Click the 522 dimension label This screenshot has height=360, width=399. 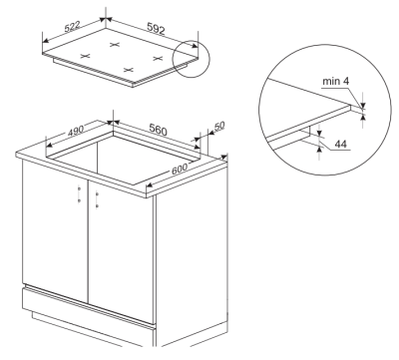tap(72, 27)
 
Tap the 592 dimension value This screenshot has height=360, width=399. tap(156, 29)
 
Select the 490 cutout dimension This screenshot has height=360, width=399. tap(76, 131)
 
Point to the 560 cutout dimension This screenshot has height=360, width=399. tap(158, 130)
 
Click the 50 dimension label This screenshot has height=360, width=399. tap(219, 127)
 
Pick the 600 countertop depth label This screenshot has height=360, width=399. tap(180, 170)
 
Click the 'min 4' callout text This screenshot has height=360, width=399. tap(336, 81)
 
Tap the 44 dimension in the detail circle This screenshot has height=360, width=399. tap(340, 144)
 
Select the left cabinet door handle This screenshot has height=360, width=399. tap(79, 193)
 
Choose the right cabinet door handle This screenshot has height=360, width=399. tap(97, 198)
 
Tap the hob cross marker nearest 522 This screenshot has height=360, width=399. tap(86, 56)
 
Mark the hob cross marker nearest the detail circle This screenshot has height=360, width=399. tap(158, 59)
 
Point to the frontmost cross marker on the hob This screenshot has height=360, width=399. tap(129, 70)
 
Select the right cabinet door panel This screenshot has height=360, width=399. tap(121, 251)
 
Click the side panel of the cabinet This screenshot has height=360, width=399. tap(192, 256)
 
